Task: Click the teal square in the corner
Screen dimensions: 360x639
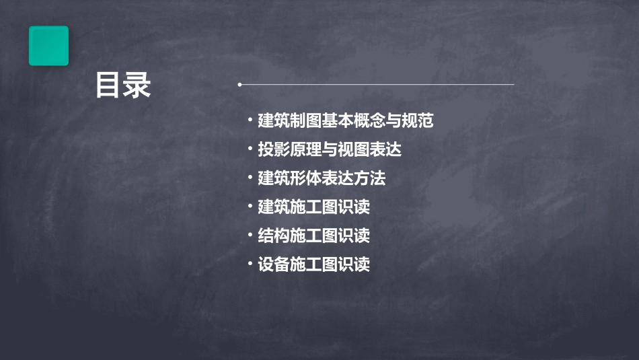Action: (x=48, y=46)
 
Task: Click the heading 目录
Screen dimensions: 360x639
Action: (x=123, y=85)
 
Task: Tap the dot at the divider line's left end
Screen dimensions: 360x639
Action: (x=239, y=85)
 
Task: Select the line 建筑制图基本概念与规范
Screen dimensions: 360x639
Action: (x=346, y=121)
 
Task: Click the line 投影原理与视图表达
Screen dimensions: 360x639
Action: (x=330, y=149)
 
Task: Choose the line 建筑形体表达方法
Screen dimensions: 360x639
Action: (x=322, y=178)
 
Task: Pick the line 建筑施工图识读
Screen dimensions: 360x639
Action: (x=313, y=207)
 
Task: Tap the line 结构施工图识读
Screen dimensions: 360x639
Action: (x=313, y=236)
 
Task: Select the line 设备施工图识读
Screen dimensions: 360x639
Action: (x=313, y=264)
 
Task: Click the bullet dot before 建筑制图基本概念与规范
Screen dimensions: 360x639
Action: (x=250, y=121)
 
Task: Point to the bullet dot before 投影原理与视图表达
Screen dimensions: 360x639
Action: (x=250, y=149)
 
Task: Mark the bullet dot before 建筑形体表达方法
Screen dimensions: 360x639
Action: (x=250, y=178)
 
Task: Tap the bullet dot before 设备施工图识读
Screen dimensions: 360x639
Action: (x=250, y=264)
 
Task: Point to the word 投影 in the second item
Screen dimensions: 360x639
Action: (x=274, y=149)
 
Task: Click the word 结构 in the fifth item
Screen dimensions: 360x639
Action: (x=274, y=236)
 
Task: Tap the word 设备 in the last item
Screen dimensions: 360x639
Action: (x=274, y=264)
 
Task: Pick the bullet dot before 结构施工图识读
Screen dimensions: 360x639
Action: (x=250, y=236)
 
